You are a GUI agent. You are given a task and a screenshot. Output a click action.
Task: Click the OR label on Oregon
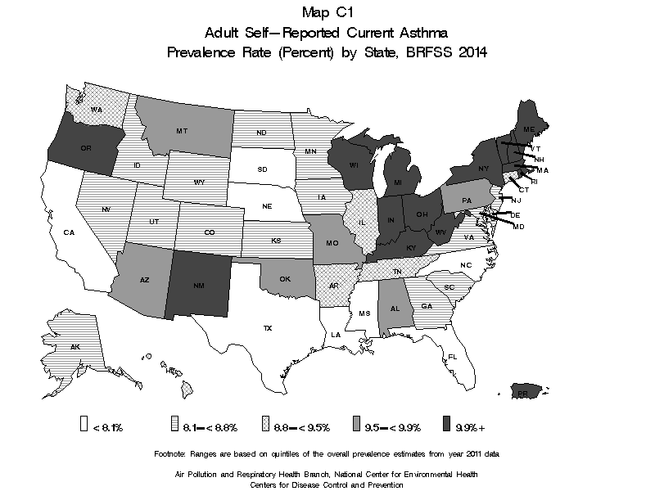coord(85,148)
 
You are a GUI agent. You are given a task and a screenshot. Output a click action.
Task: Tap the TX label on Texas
coord(267,328)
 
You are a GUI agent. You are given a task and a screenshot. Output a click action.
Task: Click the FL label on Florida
coord(452,356)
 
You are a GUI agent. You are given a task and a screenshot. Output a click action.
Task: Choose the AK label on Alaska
coord(75,347)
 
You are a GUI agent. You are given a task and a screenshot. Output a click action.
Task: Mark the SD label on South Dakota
coord(263,169)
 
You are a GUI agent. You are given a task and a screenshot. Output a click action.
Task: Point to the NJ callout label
coord(517,200)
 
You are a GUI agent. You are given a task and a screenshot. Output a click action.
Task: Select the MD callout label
coord(518,227)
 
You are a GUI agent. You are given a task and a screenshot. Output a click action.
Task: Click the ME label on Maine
coord(529,130)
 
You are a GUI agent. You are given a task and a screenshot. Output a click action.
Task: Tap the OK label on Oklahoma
coord(285,279)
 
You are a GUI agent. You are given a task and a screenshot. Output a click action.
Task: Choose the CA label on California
coord(69,232)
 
